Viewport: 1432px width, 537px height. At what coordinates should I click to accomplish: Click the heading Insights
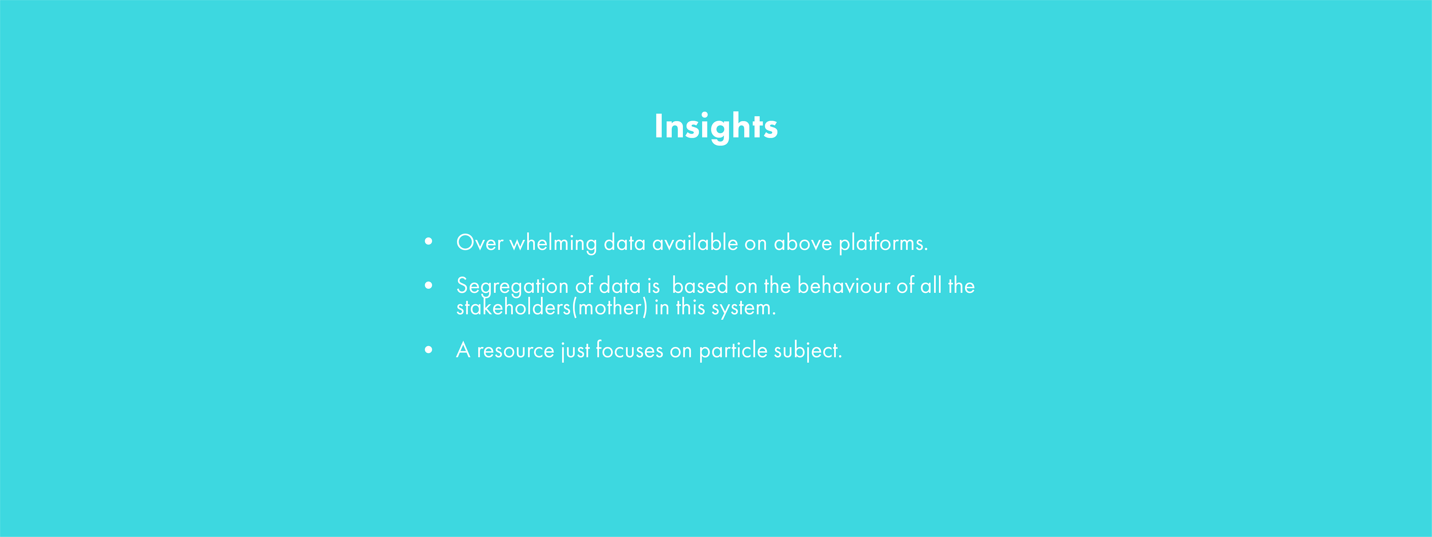[716, 127]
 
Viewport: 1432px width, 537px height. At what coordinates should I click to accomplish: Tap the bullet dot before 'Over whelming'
[428, 241]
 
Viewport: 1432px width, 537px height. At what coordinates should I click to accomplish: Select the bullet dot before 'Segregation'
[428, 285]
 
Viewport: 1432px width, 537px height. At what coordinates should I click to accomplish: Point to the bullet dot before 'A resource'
[428, 350]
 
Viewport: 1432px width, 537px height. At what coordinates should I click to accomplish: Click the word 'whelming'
[553, 244]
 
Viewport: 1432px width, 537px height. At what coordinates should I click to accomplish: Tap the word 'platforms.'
[883, 244]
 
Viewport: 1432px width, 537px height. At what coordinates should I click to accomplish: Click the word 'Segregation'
[512, 287]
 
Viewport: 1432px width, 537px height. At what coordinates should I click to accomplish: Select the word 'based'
[700, 286]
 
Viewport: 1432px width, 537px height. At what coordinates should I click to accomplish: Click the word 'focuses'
[629, 350]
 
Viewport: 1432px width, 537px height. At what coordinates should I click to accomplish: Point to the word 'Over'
[480, 243]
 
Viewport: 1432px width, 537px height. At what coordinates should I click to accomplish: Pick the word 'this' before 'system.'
[690, 307]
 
